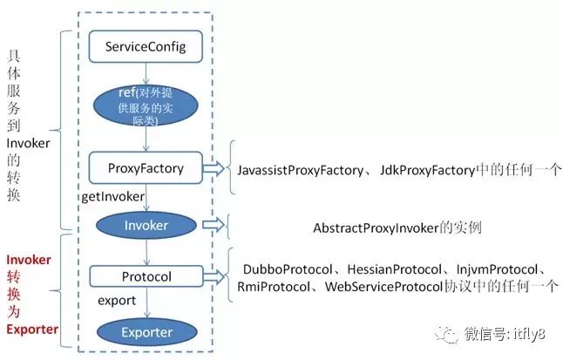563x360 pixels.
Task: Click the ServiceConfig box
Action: point(146,44)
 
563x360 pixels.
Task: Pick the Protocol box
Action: point(145,277)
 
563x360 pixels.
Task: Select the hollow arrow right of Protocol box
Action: point(211,277)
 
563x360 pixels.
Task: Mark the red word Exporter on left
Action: point(32,329)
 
